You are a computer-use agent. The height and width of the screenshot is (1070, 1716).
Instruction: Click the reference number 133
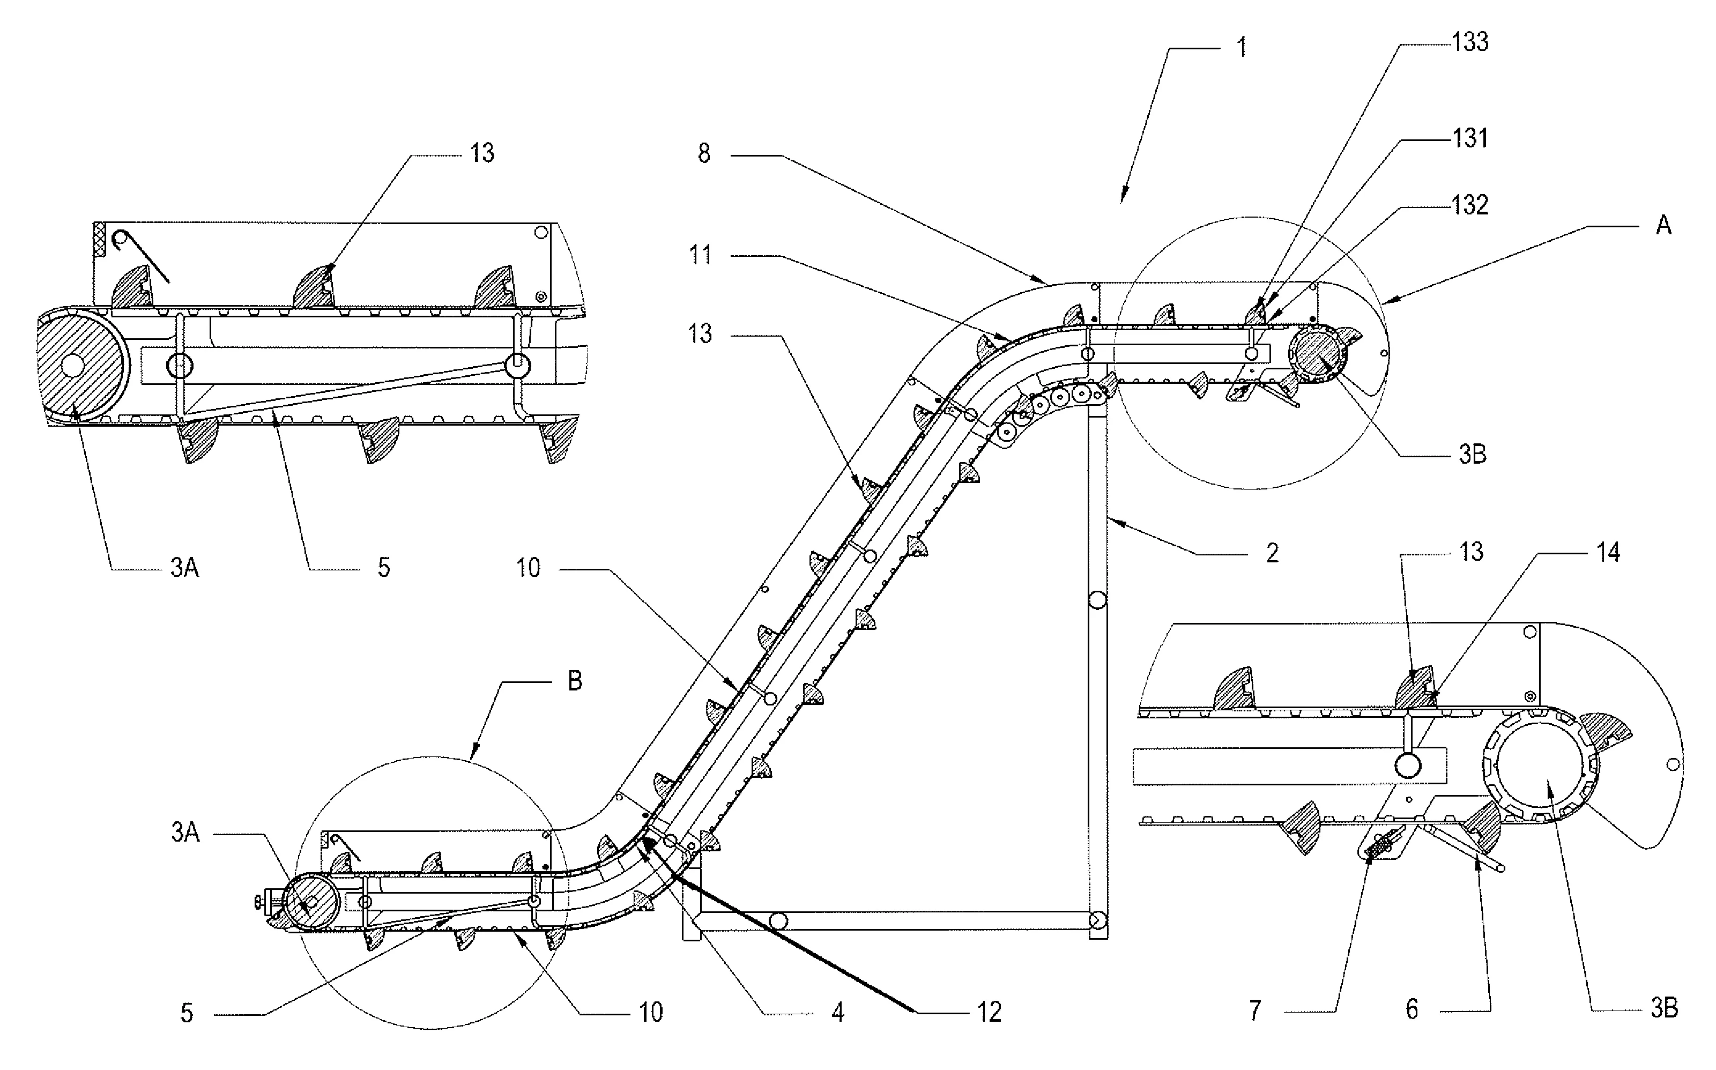tap(1470, 42)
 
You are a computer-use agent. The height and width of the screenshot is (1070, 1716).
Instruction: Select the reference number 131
tap(1470, 138)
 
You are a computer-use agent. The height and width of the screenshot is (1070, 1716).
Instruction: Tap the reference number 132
tap(1470, 205)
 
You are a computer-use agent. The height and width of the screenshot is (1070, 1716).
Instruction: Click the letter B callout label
tap(575, 681)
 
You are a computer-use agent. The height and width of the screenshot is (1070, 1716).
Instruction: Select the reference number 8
tap(703, 153)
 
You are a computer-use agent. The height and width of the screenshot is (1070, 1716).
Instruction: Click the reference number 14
tap(1608, 552)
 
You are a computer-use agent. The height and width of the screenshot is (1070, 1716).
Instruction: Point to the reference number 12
tap(989, 1013)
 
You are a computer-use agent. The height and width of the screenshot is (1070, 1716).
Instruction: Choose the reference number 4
tap(838, 1013)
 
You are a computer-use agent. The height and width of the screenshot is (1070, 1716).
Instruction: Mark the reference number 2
tap(1272, 553)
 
